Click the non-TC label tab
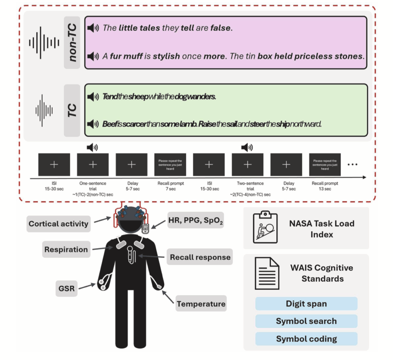[x=72, y=43]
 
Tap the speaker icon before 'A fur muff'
[x=93, y=56]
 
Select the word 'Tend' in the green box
[x=110, y=97]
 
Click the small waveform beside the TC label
[x=44, y=111]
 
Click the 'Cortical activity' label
[x=58, y=224]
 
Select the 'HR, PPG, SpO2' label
[x=195, y=222]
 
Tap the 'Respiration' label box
[x=66, y=250]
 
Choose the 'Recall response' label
[x=200, y=257]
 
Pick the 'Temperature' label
[x=201, y=304]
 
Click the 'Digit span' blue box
[x=306, y=304]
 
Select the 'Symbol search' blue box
[x=306, y=321]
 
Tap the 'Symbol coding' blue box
[x=306, y=339]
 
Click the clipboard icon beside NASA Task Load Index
[x=265, y=227]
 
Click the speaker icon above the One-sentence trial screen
[x=92, y=147]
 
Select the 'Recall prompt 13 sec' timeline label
[x=325, y=186]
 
